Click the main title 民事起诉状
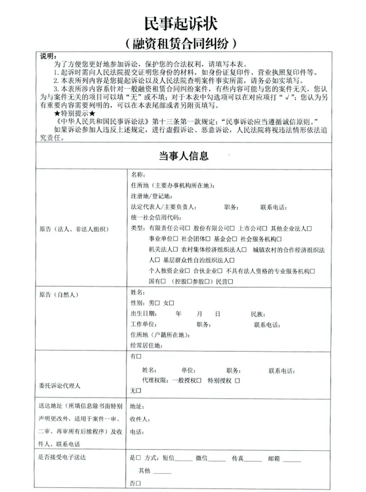click(183, 23)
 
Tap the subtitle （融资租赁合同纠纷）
click(183, 43)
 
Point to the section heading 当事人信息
click(183, 156)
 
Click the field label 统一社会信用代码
click(156, 217)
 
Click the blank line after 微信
click(217, 459)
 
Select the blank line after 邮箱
click(292, 459)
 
